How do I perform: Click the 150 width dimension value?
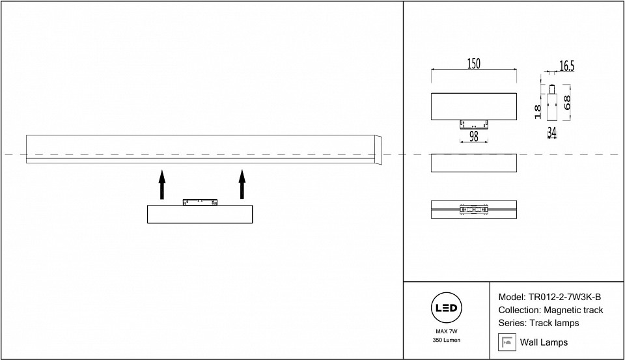473,64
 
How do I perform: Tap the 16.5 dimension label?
566,66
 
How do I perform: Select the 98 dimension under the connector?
473,136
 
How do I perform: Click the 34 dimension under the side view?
551,132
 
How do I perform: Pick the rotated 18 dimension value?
538,111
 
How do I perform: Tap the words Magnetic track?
574,310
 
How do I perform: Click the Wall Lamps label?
544,342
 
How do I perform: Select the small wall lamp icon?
507,342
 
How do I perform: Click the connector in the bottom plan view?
473,210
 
